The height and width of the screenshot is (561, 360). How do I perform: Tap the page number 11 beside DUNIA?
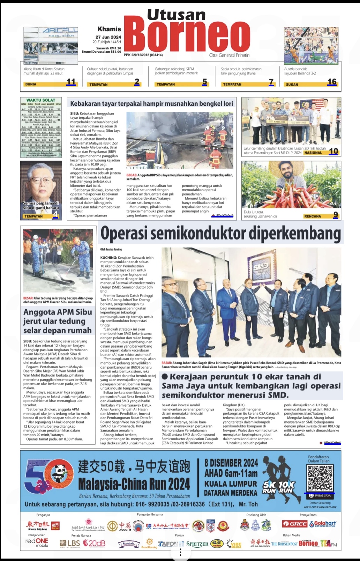click(x=71, y=82)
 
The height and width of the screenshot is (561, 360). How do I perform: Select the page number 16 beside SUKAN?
click(x=332, y=82)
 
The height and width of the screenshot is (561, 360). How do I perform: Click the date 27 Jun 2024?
click(x=108, y=37)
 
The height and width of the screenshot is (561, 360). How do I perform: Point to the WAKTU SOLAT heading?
click(x=41, y=100)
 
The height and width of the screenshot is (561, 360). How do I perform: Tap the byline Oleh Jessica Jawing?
click(x=111, y=249)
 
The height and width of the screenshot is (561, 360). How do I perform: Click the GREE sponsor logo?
click(x=294, y=524)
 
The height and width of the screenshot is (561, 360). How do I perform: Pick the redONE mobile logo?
click(x=37, y=542)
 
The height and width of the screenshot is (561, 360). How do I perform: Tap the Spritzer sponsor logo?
click(x=197, y=544)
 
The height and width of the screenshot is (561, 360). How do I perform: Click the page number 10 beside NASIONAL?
click(x=333, y=151)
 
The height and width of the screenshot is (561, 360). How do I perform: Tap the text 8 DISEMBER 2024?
click(x=231, y=463)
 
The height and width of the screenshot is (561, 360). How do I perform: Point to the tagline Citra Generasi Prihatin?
click(x=229, y=55)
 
